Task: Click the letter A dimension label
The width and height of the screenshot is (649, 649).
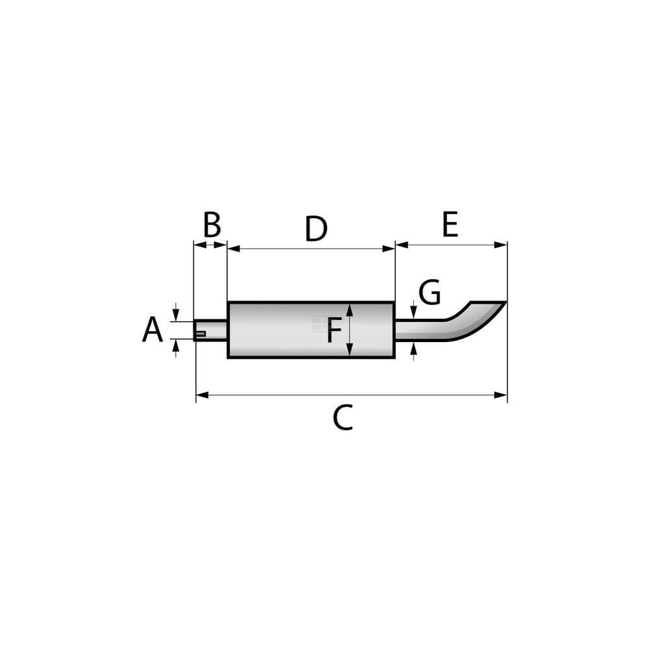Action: tap(153, 330)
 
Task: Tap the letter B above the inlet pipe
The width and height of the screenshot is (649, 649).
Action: tap(212, 225)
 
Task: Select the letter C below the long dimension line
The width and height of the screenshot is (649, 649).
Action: tap(343, 417)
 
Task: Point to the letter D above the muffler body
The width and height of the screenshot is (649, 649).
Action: tap(316, 228)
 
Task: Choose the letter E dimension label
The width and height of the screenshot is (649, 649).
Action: tap(450, 224)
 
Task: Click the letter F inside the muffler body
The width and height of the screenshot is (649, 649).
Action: tap(334, 330)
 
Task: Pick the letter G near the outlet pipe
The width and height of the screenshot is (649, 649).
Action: tap(430, 292)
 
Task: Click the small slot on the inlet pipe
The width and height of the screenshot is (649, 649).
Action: tap(201, 334)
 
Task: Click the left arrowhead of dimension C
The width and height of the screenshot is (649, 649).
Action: tap(202, 395)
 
